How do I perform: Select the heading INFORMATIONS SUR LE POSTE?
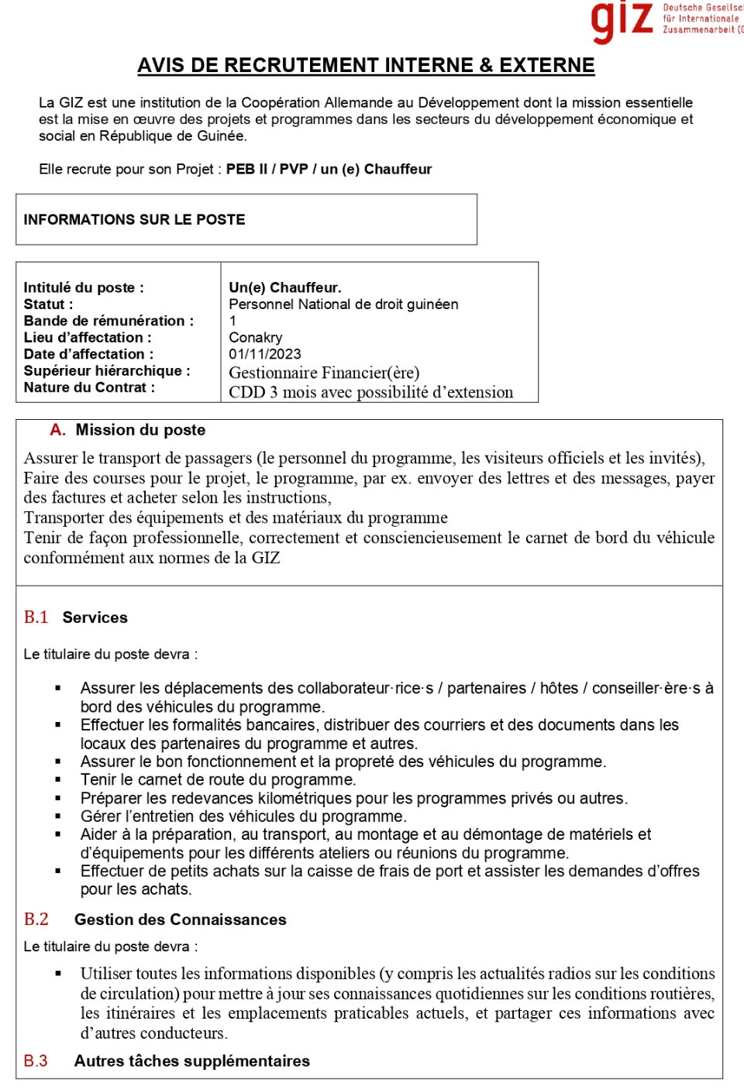[134, 220]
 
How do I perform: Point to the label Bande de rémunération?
[108, 321]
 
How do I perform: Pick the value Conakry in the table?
[256, 338]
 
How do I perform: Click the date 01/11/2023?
[265, 354]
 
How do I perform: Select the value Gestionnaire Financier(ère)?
[324, 373]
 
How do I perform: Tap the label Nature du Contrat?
[89, 387]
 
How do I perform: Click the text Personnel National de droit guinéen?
[343, 304]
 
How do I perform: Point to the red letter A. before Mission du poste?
[57, 430]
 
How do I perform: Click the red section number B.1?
[36, 617]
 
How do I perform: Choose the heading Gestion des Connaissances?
[180, 920]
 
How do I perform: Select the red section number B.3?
[36, 1061]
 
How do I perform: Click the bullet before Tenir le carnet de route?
[58, 780]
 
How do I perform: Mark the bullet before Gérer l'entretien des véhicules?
[58, 817]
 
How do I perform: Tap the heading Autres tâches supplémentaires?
[191, 1061]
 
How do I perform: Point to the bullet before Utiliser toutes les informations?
[58, 974]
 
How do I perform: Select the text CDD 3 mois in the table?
[268, 393]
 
